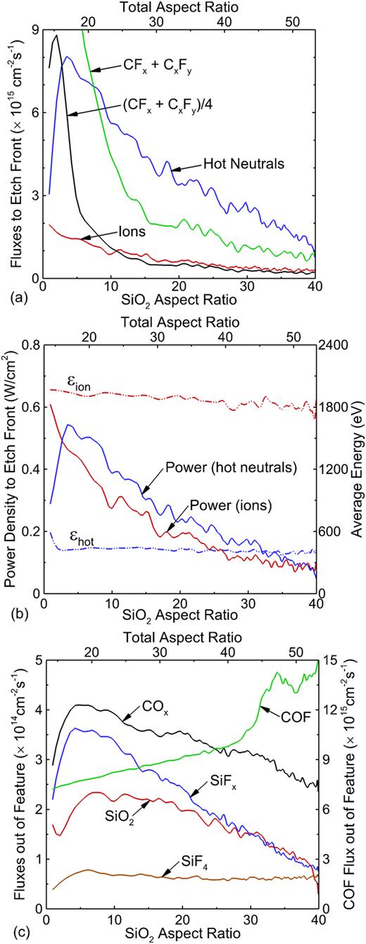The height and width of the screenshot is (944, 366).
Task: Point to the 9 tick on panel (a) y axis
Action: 31,30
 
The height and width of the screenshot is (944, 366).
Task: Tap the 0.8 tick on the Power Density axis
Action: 26,346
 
